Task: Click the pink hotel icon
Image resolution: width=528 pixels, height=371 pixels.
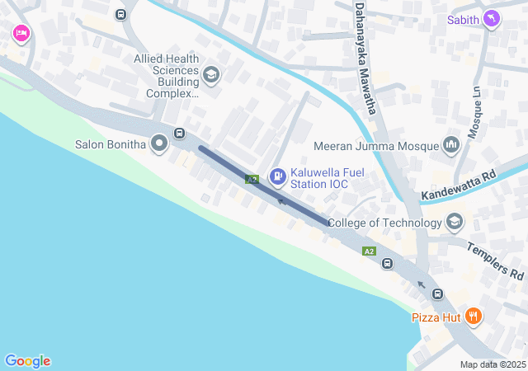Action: click(x=21, y=34)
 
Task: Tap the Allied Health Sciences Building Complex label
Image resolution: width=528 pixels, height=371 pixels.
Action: click(x=167, y=76)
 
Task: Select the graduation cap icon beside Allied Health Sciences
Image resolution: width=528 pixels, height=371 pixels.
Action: click(x=210, y=76)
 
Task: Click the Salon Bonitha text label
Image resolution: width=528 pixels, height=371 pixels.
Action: click(x=110, y=144)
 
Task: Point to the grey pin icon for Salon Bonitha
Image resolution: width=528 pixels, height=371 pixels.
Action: click(x=159, y=144)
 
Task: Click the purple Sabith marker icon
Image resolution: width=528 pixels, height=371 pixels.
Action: click(x=492, y=19)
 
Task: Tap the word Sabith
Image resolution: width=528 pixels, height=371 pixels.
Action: click(x=464, y=19)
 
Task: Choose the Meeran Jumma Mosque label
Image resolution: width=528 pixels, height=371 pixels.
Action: click(x=376, y=147)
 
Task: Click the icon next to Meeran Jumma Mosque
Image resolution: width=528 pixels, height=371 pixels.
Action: click(x=450, y=146)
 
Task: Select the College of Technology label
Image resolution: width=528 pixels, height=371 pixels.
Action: click(x=384, y=223)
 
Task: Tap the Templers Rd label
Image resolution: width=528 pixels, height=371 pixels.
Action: click(x=496, y=260)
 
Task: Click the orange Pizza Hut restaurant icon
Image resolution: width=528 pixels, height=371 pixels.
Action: click(x=473, y=316)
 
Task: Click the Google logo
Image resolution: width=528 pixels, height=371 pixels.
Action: click(x=28, y=361)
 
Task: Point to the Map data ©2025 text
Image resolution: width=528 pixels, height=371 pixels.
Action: click(x=493, y=364)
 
